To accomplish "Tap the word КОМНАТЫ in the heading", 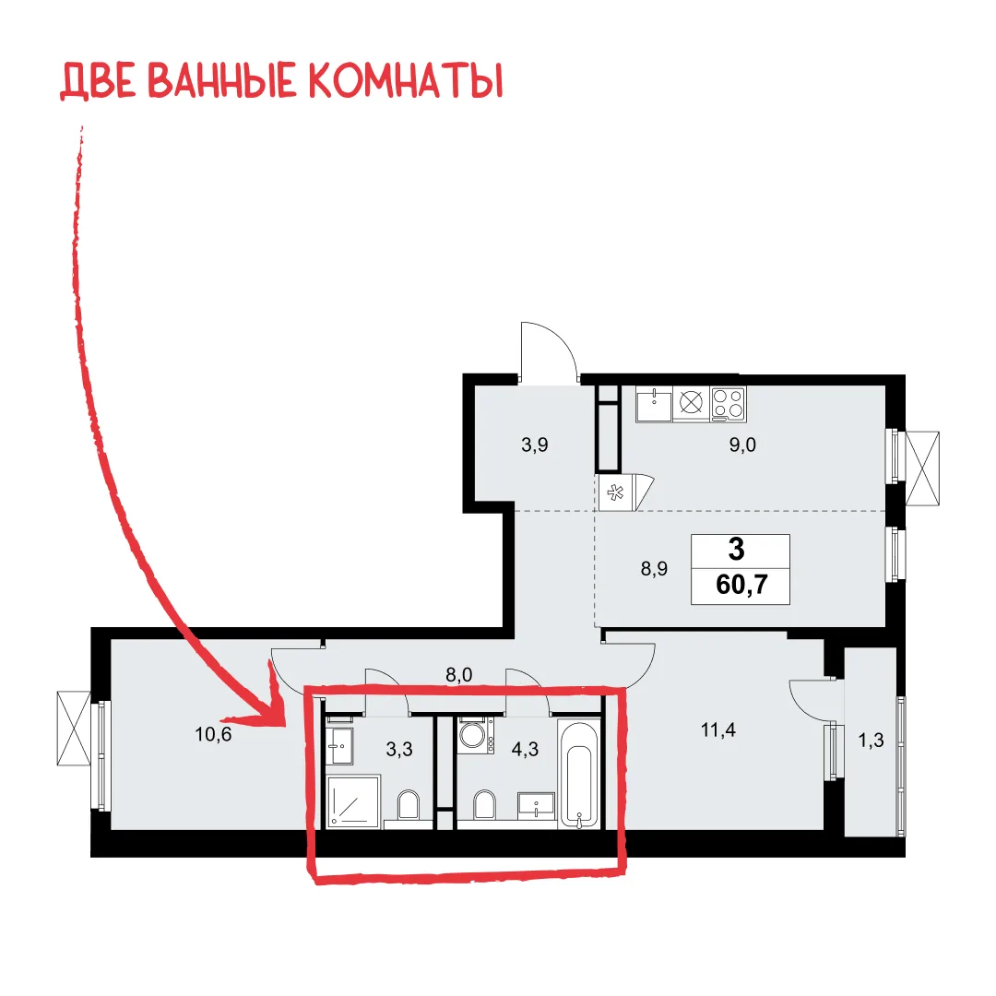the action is (x=405, y=80).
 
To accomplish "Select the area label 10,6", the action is (x=213, y=734).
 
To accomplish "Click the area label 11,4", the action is (x=717, y=729).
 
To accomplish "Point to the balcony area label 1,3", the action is (x=871, y=740).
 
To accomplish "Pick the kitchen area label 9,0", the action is (x=741, y=445).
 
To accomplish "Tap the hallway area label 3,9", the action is (x=534, y=445).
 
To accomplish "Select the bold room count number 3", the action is (x=737, y=549).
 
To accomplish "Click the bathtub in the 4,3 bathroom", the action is (x=578, y=773).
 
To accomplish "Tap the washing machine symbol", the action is (x=476, y=736).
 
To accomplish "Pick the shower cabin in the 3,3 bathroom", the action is (x=353, y=801).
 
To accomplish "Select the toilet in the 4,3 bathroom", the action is (x=484, y=805).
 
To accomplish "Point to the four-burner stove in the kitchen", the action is (x=728, y=403).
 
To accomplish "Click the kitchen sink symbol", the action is (x=654, y=403).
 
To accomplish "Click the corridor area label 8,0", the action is (x=458, y=674).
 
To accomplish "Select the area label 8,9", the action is (x=654, y=568).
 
